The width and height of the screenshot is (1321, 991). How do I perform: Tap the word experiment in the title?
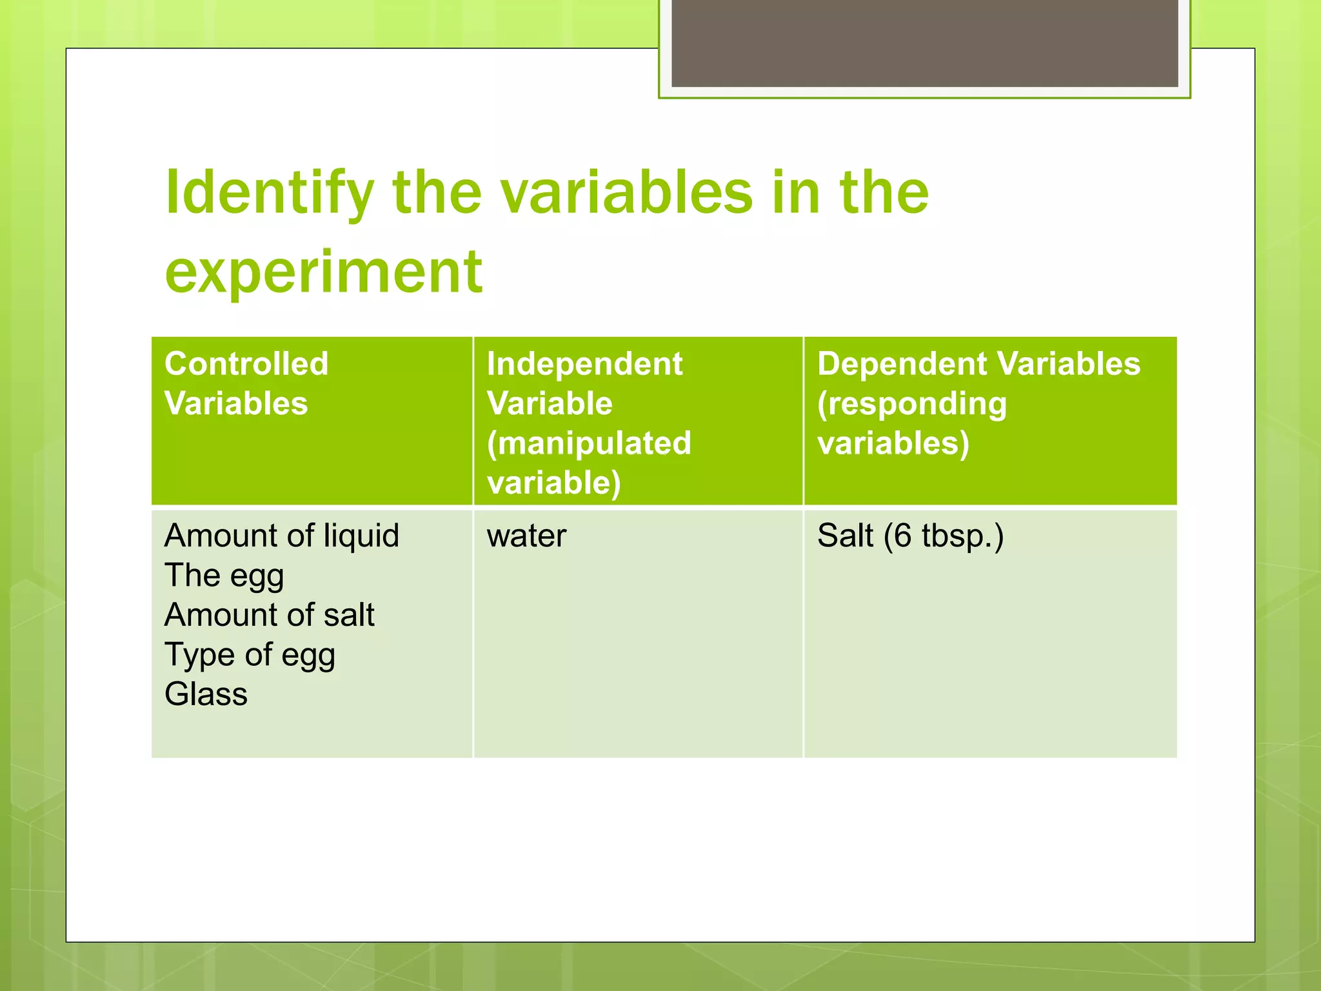[323, 271]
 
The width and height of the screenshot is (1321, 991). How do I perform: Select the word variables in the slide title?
[626, 192]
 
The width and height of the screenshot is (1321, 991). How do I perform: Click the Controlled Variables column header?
[246, 383]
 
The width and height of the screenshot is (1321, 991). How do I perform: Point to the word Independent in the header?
[584, 364]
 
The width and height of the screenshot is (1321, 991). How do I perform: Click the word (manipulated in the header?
[589, 443]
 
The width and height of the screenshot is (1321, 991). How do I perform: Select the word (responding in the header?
[912, 405]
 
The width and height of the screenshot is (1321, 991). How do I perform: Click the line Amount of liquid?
[282, 536]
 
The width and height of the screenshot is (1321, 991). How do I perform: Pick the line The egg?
[224, 576]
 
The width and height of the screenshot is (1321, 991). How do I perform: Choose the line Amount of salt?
[269, 615]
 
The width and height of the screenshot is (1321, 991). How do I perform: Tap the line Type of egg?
[250, 655]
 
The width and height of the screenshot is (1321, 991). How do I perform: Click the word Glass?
[206, 694]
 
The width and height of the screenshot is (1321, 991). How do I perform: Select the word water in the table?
[526, 536]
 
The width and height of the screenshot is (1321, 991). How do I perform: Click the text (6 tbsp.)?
[944, 536]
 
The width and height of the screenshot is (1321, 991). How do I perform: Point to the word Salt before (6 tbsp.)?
[845, 536]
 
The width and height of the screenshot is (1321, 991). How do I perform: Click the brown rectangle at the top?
[924, 43]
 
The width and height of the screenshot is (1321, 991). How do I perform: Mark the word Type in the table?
[200, 655]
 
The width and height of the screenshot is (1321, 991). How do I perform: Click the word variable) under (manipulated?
[554, 483]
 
